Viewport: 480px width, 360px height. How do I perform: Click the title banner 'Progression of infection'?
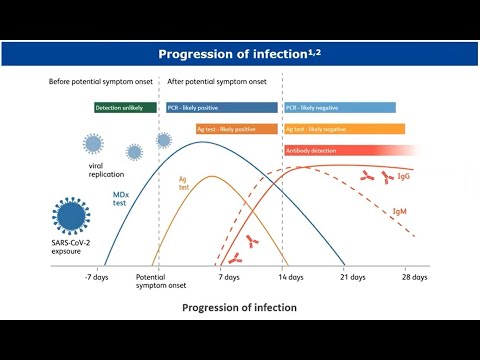[x=240, y=53]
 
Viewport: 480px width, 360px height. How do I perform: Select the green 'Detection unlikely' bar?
[x=125, y=107]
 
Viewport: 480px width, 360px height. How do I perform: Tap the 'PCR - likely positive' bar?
[x=221, y=107]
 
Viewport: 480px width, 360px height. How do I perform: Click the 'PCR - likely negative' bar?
[x=339, y=107]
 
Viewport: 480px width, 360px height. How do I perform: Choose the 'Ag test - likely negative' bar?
[x=344, y=129]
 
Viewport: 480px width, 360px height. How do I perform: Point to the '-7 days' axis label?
[x=96, y=276]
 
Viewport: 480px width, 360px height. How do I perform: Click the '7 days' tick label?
[x=229, y=276]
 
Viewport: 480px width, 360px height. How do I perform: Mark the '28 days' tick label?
[x=414, y=276]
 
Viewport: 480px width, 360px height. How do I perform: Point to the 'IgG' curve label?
[x=403, y=176]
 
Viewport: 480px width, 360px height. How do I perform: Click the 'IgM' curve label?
[x=399, y=212]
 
